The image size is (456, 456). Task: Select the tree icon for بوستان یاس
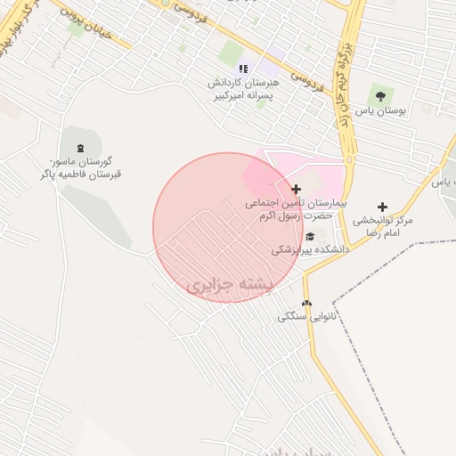[x=381, y=95]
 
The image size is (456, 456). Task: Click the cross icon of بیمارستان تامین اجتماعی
[x=296, y=189]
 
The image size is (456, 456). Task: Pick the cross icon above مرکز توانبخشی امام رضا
[x=382, y=207]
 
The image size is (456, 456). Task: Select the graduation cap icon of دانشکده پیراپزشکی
[x=310, y=236]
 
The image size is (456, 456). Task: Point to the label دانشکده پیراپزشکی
[x=310, y=250]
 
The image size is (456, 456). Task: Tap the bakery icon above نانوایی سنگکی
[x=306, y=303]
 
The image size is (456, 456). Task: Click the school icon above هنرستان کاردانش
[x=242, y=69]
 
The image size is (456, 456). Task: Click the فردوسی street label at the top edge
[x=197, y=11]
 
